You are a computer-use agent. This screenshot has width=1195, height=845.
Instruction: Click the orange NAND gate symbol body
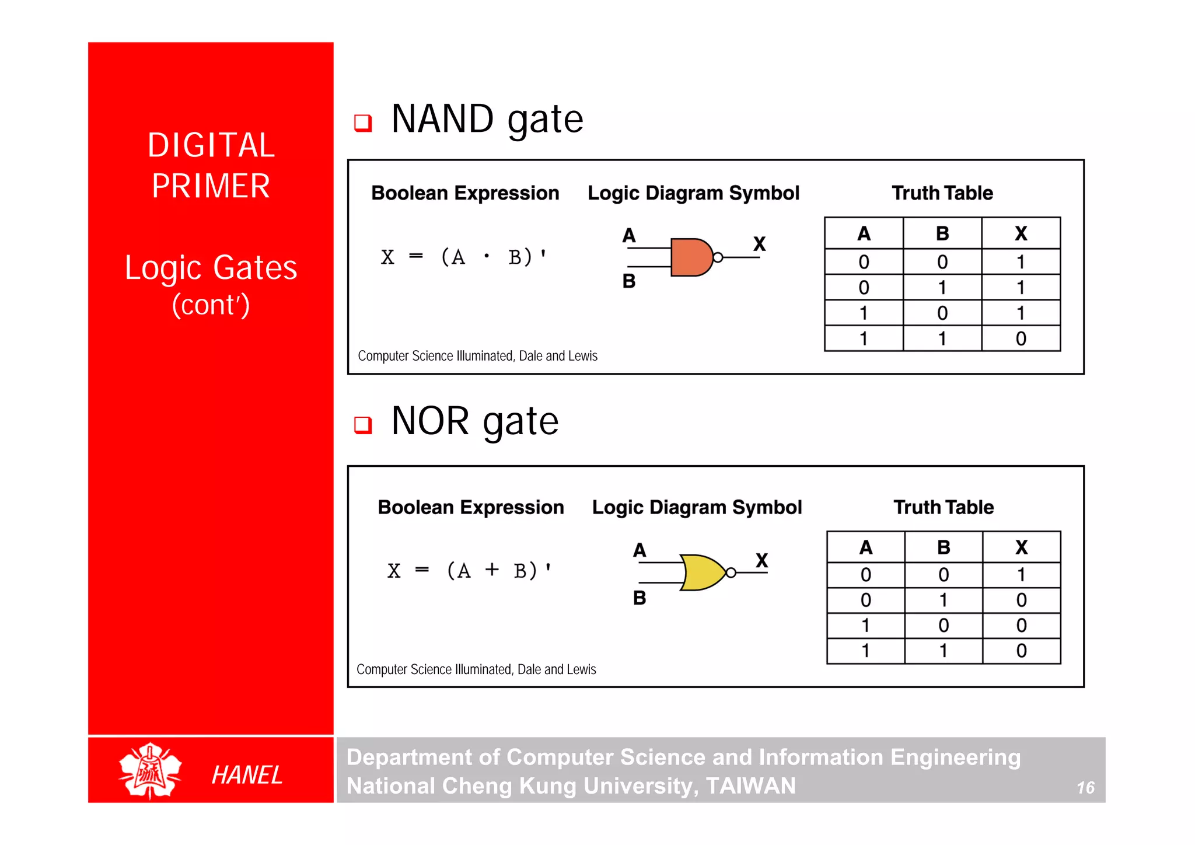click(x=691, y=257)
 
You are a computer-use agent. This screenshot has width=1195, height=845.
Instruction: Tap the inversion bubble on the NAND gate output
click(x=718, y=257)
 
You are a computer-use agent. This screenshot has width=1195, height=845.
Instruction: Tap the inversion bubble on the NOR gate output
click(x=731, y=573)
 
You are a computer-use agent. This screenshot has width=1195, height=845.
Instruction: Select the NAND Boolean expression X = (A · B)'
click(x=464, y=257)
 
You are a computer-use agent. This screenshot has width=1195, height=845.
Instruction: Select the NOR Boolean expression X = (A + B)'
click(x=469, y=570)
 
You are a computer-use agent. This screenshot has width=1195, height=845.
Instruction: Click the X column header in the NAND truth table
click(x=1021, y=233)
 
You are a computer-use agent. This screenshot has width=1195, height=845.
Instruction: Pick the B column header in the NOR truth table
click(x=944, y=547)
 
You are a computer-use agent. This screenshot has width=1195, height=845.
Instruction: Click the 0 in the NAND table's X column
click(x=1021, y=338)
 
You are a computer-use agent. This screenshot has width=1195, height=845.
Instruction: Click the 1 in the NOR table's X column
click(x=1021, y=575)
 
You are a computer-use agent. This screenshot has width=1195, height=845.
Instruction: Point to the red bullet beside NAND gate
click(x=363, y=123)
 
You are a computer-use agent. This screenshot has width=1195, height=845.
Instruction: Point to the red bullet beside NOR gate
click(x=363, y=425)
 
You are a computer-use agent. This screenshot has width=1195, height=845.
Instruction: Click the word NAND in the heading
click(x=442, y=119)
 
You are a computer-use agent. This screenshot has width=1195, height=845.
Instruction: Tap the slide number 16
click(x=1085, y=788)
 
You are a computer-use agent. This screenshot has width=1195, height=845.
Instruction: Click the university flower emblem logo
click(x=150, y=770)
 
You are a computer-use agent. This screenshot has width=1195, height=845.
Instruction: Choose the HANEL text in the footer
click(x=247, y=775)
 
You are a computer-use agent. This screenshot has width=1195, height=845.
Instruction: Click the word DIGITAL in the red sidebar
click(x=211, y=145)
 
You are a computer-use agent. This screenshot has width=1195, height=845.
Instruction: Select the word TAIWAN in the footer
click(x=750, y=786)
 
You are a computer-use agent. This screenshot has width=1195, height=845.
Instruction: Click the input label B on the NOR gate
click(x=640, y=598)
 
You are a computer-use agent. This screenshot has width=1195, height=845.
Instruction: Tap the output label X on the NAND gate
click(x=759, y=243)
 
